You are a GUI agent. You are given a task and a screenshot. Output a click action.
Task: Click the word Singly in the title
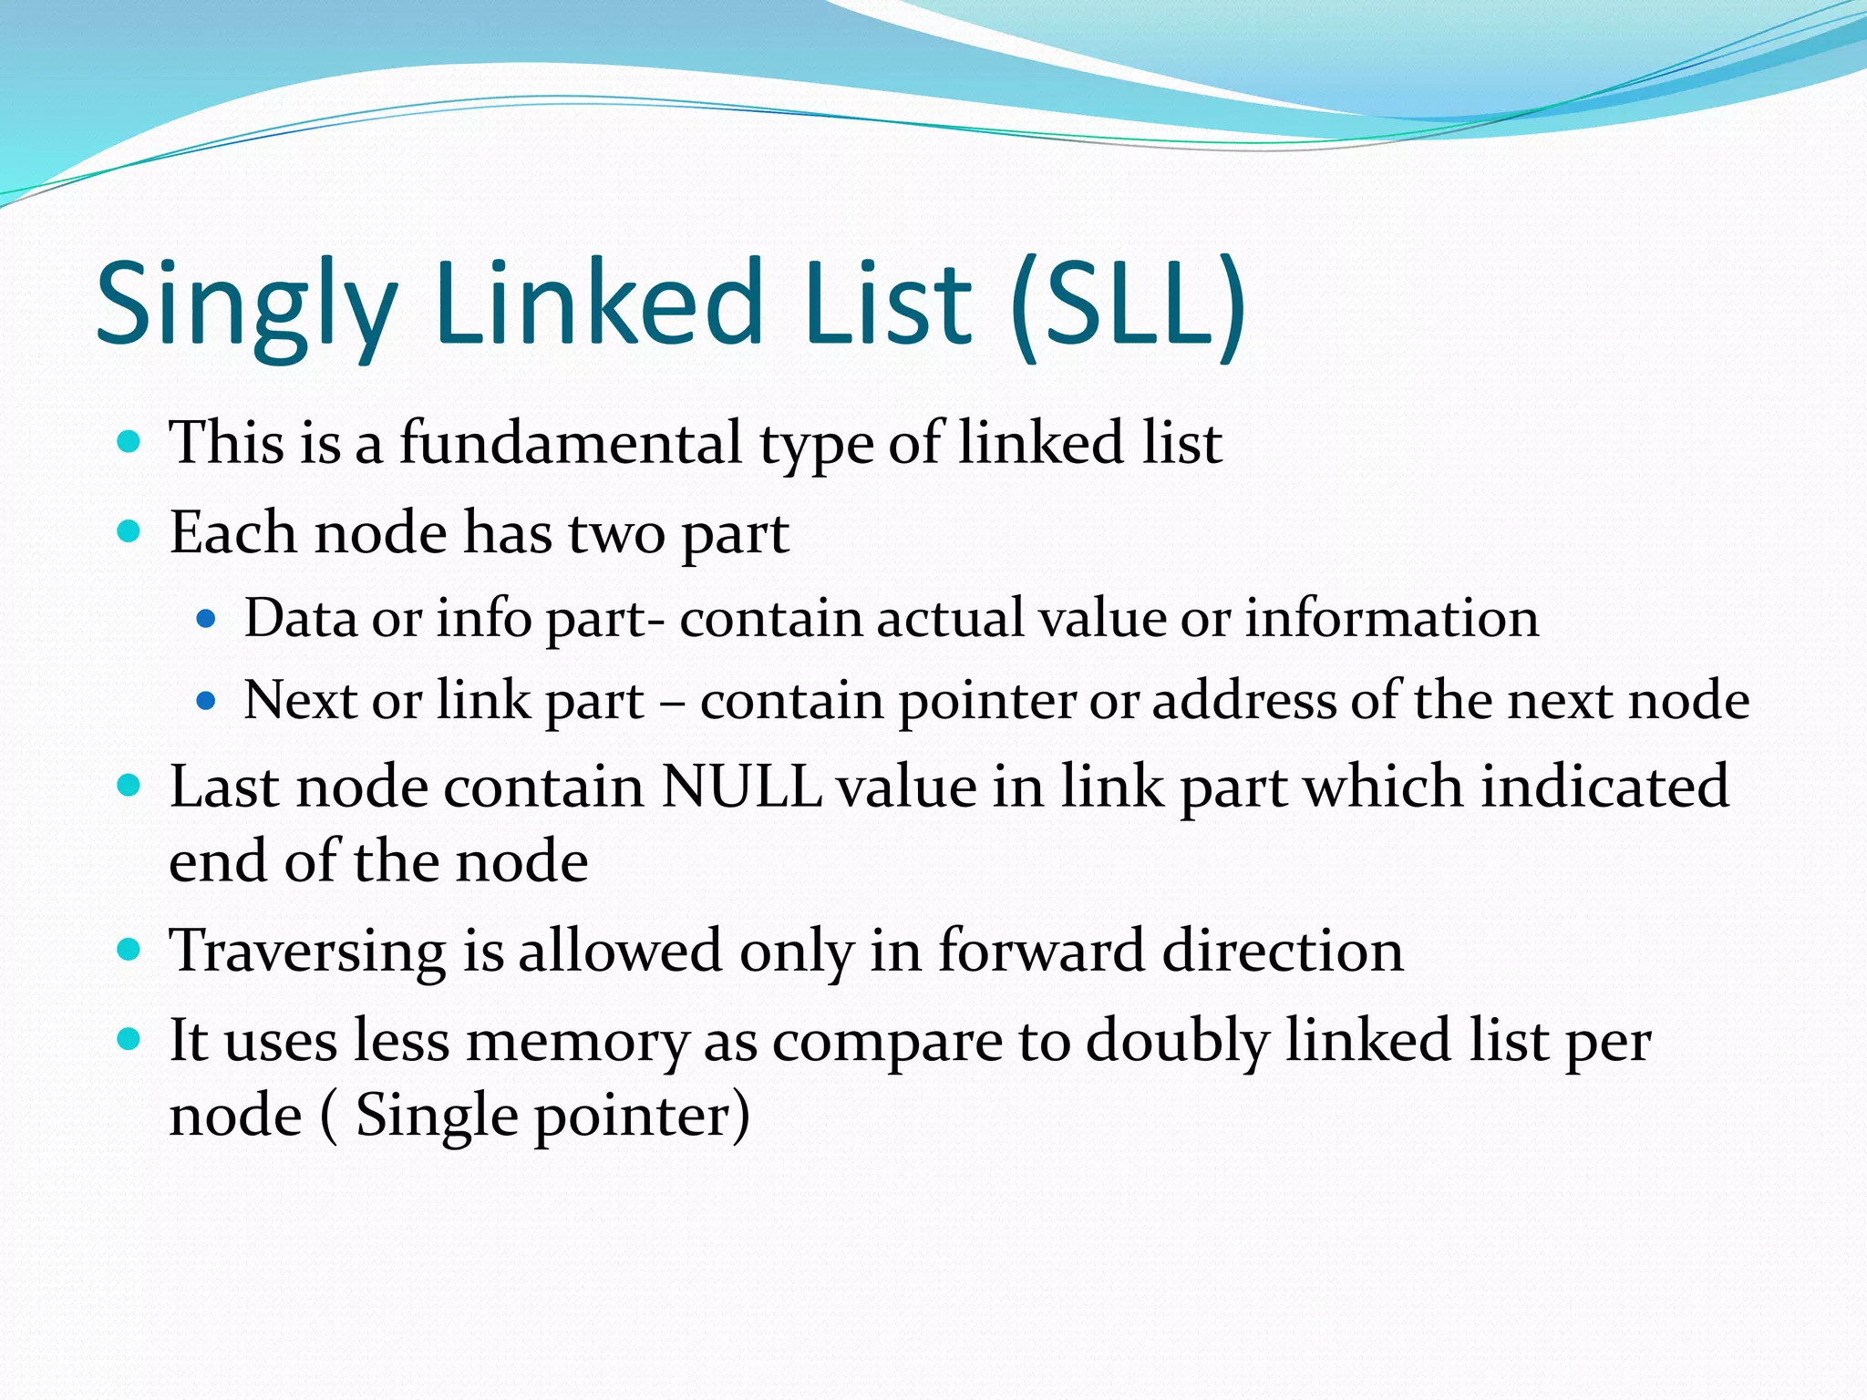point(246,305)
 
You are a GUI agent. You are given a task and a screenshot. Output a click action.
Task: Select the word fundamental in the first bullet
point(571,443)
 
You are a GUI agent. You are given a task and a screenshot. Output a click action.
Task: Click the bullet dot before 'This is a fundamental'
point(129,443)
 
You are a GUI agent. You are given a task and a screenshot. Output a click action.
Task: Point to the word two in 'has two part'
point(617,533)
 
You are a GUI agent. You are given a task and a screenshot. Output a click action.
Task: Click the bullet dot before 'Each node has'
point(129,531)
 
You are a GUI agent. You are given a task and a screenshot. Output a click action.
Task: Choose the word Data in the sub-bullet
point(300,618)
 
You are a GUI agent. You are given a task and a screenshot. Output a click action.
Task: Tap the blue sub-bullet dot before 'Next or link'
point(207,701)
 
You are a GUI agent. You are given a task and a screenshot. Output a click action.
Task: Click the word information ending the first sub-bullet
point(1391,618)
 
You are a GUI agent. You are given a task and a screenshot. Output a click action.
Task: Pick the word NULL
point(741,786)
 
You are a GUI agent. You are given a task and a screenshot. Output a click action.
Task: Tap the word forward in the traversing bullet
point(1041,950)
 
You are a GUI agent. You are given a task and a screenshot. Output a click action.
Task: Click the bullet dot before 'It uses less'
point(129,1039)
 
